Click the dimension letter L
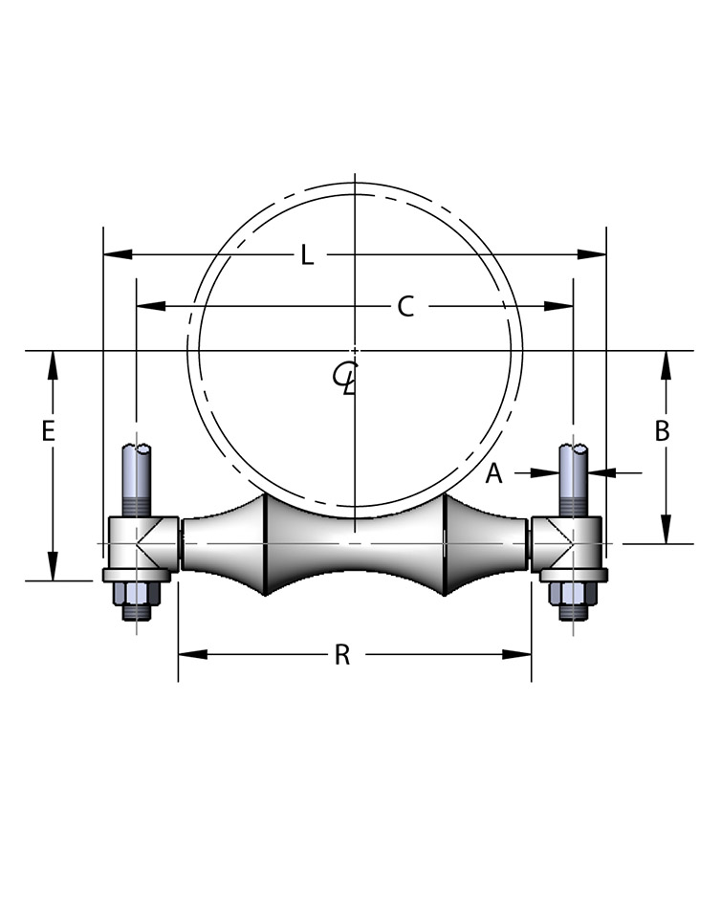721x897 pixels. tap(306, 255)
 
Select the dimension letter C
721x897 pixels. tap(405, 307)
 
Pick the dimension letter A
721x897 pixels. tap(493, 472)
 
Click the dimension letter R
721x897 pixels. tap(341, 655)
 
